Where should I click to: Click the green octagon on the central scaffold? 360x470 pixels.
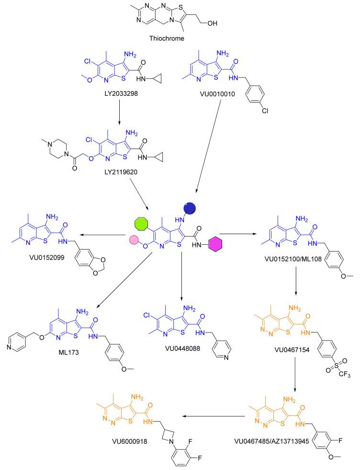click(x=142, y=224)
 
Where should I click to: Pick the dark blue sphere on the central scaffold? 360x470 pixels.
click(x=190, y=207)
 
